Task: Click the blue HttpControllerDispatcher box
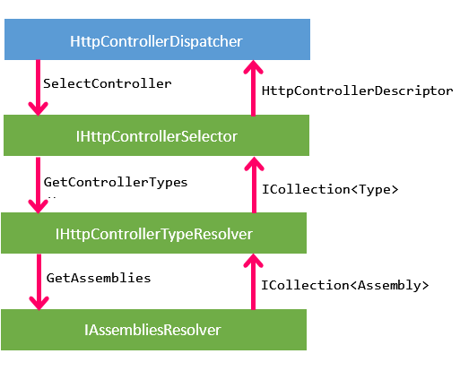click(x=157, y=39)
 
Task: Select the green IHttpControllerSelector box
click(x=156, y=135)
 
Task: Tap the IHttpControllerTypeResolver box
click(x=153, y=233)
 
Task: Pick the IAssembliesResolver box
click(x=153, y=330)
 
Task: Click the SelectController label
click(x=108, y=83)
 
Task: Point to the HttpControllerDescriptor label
click(x=358, y=91)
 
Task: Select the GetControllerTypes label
click(x=116, y=182)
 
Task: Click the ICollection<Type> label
click(x=330, y=189)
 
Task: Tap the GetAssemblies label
click(x=99, y=278)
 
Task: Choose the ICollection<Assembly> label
click(x=345, y=285)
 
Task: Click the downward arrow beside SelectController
click(x=38, y=88)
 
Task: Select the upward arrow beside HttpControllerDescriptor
click(x=254, y=88)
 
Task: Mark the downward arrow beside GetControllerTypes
click(x=38, y=185)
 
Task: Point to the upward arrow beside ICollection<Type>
click(x=254, y=185)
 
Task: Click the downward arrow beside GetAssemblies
click(x=39, y=282)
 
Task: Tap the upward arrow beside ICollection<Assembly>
click(x=254, y=281)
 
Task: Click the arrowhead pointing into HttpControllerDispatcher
click(x=254, y=66)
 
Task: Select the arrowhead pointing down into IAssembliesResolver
click(x=39, y=303)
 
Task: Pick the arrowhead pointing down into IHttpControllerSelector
click(x=38, y=108)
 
